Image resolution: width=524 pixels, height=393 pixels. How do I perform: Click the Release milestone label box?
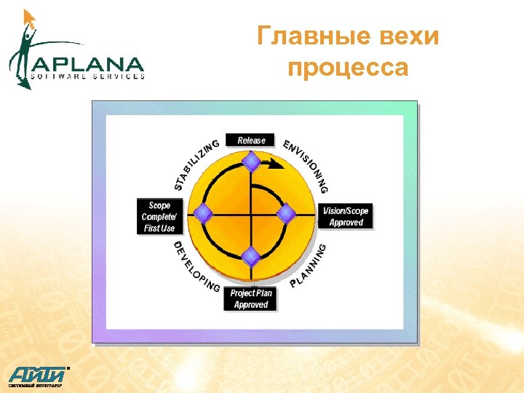(x=251, y=140)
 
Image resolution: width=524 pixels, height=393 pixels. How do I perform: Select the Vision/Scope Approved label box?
(x=346, y=217)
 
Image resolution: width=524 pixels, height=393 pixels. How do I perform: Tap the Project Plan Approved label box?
(x=251, y=299)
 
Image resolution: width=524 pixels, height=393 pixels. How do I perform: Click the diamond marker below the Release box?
(x=251, y=161)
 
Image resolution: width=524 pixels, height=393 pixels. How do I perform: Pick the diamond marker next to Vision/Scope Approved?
(x=287, y=213)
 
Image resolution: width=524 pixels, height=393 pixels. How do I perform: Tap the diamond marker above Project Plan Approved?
(x=251, y=256)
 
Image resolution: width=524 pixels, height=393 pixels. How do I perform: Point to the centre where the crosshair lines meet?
(x=251, y=213)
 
